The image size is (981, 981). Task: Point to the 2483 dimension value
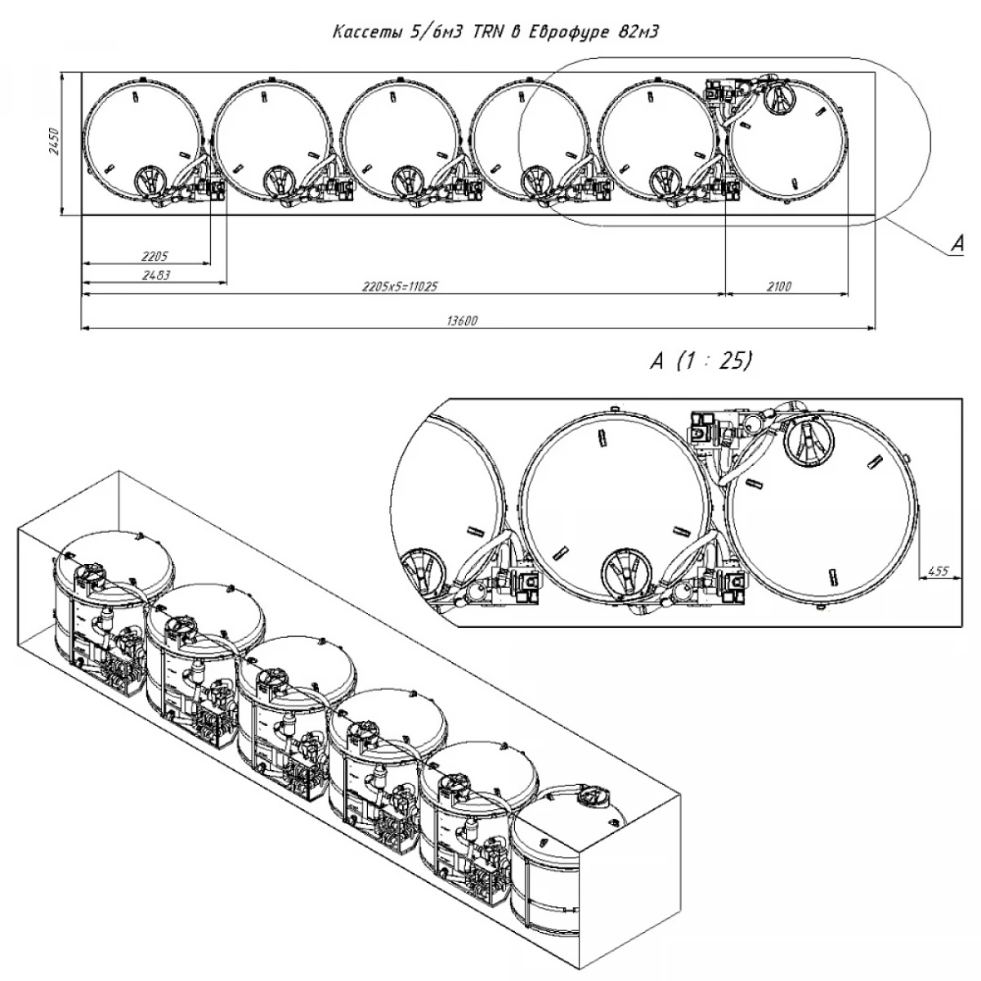coord(155,275)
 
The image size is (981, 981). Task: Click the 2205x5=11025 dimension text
coord(395,287)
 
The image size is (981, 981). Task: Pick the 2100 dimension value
coord(780,287)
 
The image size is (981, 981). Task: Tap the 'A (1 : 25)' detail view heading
coord(701,361)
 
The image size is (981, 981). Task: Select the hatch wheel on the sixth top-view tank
coord(778,100)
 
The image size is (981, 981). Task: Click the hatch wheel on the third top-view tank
coord(407,181)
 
